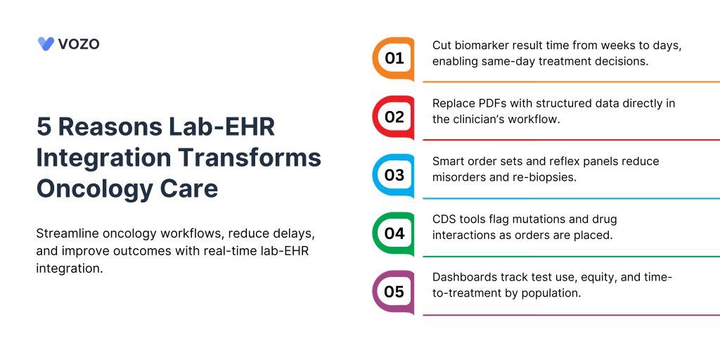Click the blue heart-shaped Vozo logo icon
(x=46, y=44)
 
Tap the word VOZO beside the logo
(x=79, y=44)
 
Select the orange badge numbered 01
(x=394, y=59)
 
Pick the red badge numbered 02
(x=394, y=117)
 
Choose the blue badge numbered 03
(x=394, y=175)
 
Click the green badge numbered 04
(x=394, y=233)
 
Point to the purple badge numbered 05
(x=394, y=292)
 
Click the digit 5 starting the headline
(x=44, y=127)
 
